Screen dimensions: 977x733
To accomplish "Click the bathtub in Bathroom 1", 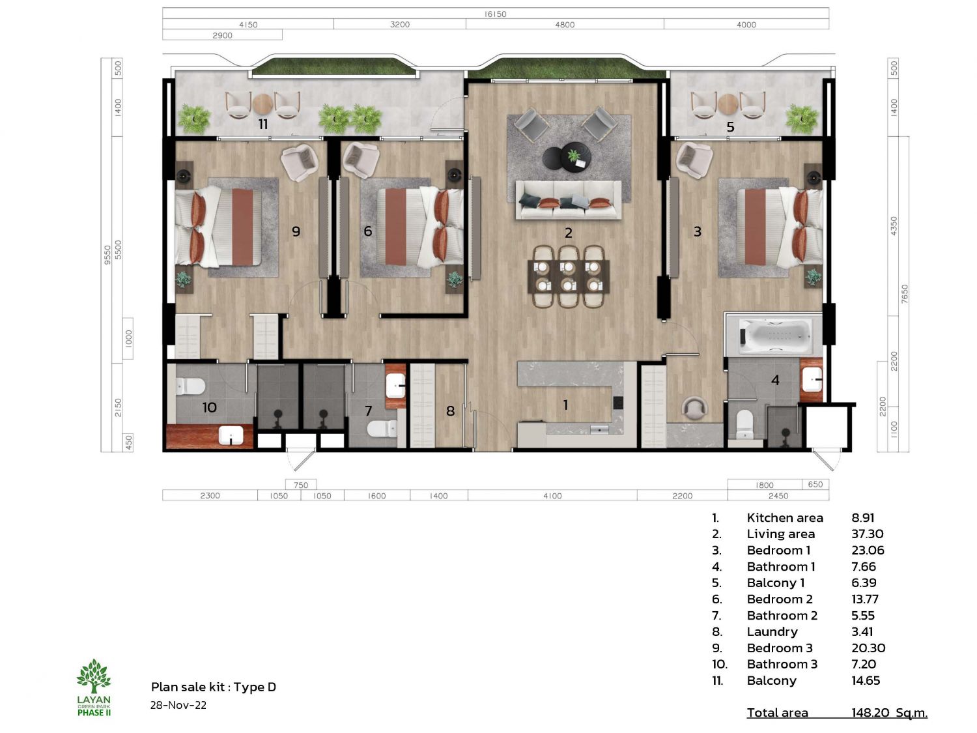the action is pos(775,336).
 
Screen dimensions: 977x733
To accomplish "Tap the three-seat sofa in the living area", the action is pos(569,200).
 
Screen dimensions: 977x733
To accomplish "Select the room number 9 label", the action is pos(296,231).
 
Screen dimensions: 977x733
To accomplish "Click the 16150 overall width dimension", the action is pos(495,14).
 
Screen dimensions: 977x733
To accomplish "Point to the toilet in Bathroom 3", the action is pos(190,386).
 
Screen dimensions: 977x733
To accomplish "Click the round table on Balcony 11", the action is pos(262,104).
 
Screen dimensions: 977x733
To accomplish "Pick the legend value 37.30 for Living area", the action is pos(867,534).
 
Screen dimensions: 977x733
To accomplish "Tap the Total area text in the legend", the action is pos(777,713).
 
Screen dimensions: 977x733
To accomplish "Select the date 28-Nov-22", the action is pos(178,705).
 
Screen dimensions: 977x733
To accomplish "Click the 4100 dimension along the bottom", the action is pos(552,496).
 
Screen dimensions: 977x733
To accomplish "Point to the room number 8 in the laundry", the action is pos(451,410).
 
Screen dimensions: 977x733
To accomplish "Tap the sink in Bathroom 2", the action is pos(395,386).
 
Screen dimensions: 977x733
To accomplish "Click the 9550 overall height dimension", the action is pos(107,255).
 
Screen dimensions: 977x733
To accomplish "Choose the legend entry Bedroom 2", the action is pos(780,599).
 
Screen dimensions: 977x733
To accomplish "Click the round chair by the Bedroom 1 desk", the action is pos(694,408).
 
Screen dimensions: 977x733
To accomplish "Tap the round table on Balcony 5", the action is pos(728,104).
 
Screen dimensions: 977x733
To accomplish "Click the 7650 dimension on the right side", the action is pos(904,295).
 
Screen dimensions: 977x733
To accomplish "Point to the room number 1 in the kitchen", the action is pos(565,405).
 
